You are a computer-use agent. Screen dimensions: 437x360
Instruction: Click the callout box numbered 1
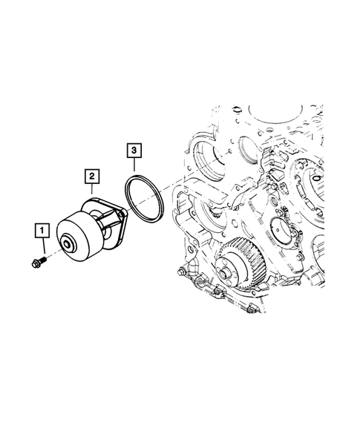(42, 231)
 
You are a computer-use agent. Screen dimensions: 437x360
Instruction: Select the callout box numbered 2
(91, 176)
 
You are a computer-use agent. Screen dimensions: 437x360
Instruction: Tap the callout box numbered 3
(132, 152)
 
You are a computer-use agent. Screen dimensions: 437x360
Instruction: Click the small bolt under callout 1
(39, 262)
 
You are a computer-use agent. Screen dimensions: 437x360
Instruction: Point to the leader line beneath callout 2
(92, 190)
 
